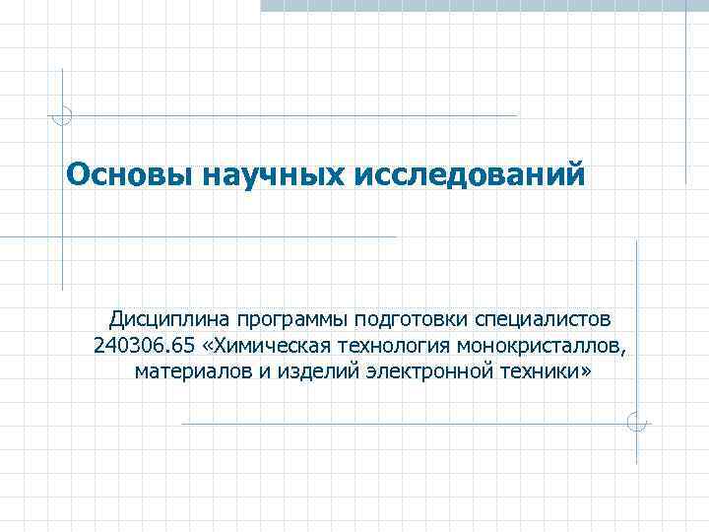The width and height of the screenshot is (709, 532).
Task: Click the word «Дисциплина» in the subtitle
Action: (168, 320)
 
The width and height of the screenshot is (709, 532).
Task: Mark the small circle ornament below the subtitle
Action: (636, 423)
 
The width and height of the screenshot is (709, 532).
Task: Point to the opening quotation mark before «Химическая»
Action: (206, 347)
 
